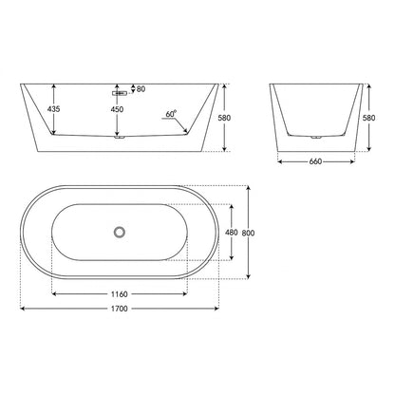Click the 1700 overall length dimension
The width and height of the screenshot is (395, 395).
pos(120,309)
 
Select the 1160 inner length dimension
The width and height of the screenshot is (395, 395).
pos(120,294)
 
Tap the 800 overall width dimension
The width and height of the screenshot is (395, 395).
pos(248,234)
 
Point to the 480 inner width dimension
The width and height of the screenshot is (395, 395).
pos(232,233)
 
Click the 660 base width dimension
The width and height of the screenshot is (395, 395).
pos(315,161)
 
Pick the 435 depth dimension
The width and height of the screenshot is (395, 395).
pos(53,109)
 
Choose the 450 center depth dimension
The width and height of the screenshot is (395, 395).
pos(117,109)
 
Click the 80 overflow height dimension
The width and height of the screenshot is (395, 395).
pos(141,89)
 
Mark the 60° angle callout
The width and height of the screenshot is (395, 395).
pos(171,114)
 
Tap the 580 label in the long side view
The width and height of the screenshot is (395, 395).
pos(224,118)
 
